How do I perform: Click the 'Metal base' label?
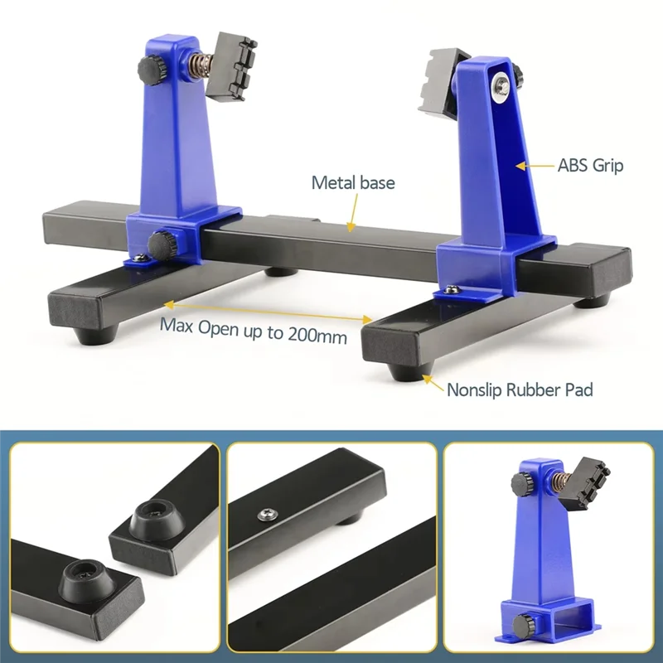pos(353,182)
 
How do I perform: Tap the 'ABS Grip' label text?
pos(590,165)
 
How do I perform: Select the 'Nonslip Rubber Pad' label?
pos(520,389)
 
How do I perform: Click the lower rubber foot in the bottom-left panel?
pos(83,578)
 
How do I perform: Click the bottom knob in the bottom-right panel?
pos(523,623)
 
